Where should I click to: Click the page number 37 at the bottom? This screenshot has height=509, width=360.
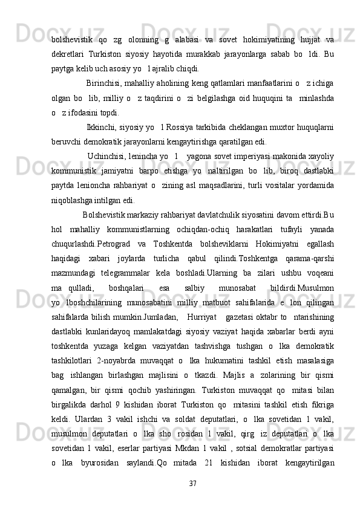(193, 484)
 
